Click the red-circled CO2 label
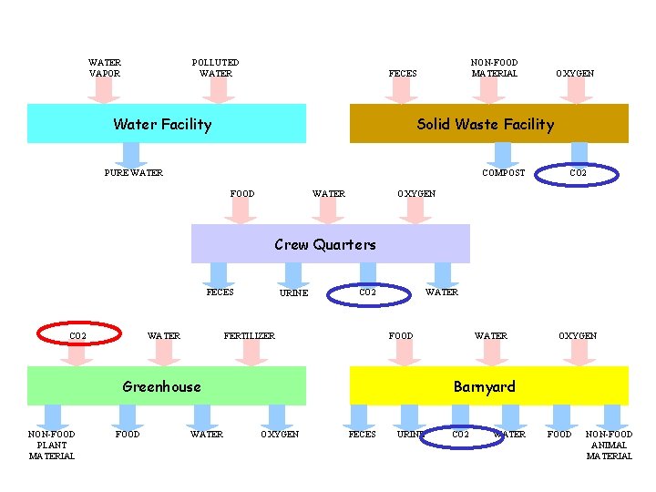(79, 335)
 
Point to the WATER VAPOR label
(105, 68)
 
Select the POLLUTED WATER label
(216, 68)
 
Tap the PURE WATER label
(134, 173)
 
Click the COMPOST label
(503, 173)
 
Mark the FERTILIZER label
(249, 335)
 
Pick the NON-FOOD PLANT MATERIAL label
(52, 445)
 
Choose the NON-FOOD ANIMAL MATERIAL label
(609, 445)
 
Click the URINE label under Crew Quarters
(293, 293)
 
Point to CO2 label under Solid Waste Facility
(578, 172)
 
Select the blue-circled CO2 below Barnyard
(462, 435)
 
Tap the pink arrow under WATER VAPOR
(105, 89)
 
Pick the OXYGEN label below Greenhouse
(280, 435)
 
